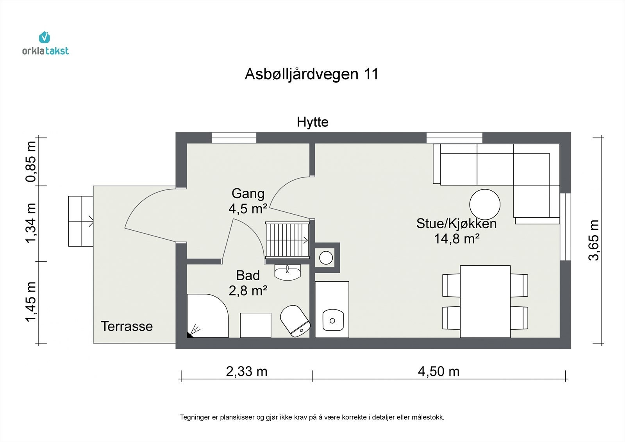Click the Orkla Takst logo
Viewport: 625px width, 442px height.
[x=45, y=43]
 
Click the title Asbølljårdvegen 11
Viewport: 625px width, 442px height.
[x=312, y=74]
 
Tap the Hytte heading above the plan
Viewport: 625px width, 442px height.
[x=312, y=122]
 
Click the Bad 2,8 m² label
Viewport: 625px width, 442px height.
[x=248, y=283]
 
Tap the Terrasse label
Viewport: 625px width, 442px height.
[x=127, y=326]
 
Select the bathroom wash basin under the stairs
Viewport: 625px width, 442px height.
[x=287, y=272]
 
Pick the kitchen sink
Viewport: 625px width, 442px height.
[x=332, y=320]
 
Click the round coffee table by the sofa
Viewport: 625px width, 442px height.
[x=484, y=205]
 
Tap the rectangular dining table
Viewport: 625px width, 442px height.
[x=485, y=301]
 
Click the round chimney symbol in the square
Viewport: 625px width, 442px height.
[x=326, y=258]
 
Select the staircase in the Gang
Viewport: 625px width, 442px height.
[x=287, y=240]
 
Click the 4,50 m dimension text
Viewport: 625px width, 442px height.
[x=438, y=371]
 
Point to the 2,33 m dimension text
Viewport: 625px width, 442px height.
[x=246, y=371]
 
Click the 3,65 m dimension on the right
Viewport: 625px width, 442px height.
[x=594, y=240]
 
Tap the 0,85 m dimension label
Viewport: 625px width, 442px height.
[x=31, y=161]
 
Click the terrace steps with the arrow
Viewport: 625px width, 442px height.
[x=81, y=221]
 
